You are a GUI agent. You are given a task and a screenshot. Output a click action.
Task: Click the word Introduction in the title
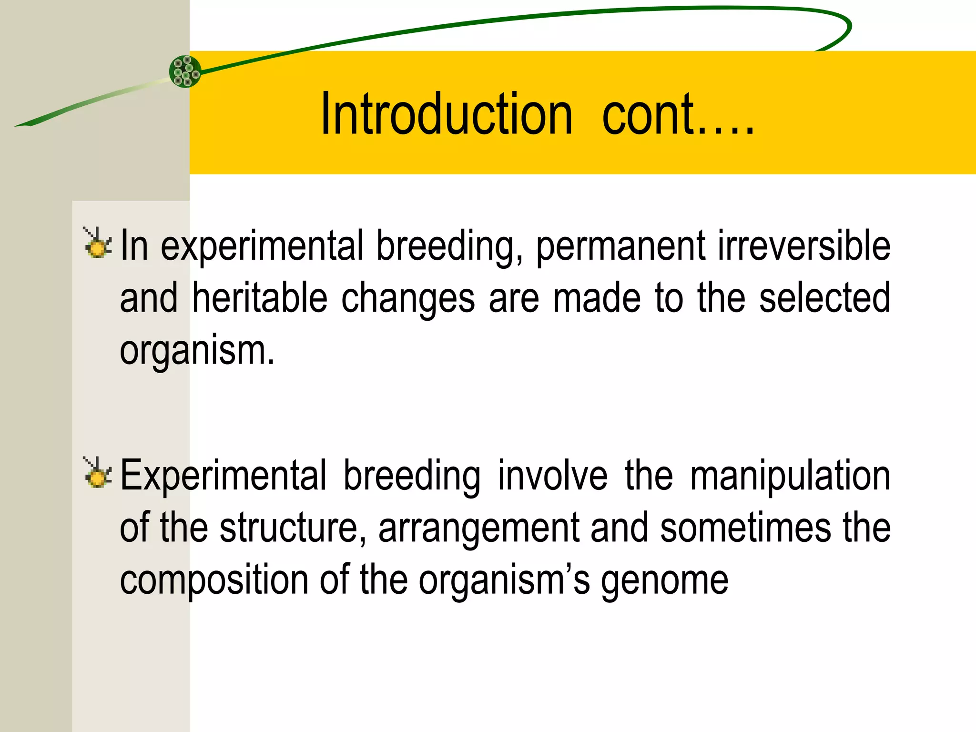pyautogui.click(x=446, y=114)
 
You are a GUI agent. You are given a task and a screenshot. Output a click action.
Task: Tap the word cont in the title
pyautogui.click(x=648, y=114)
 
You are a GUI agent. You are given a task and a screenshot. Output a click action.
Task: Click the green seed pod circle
pyautogui.click(x=185, y=71)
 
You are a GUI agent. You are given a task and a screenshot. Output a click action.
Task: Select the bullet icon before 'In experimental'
pyautogui.click(x=98, y=244)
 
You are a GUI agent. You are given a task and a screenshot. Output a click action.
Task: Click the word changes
pyautogui.click(x=408, y=299)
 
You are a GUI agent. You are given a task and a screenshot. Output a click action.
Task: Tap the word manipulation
pyautogui.click(x=790, y=477)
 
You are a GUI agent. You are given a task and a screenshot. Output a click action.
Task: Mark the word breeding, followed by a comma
pyautogui.click(x=449, y=247)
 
